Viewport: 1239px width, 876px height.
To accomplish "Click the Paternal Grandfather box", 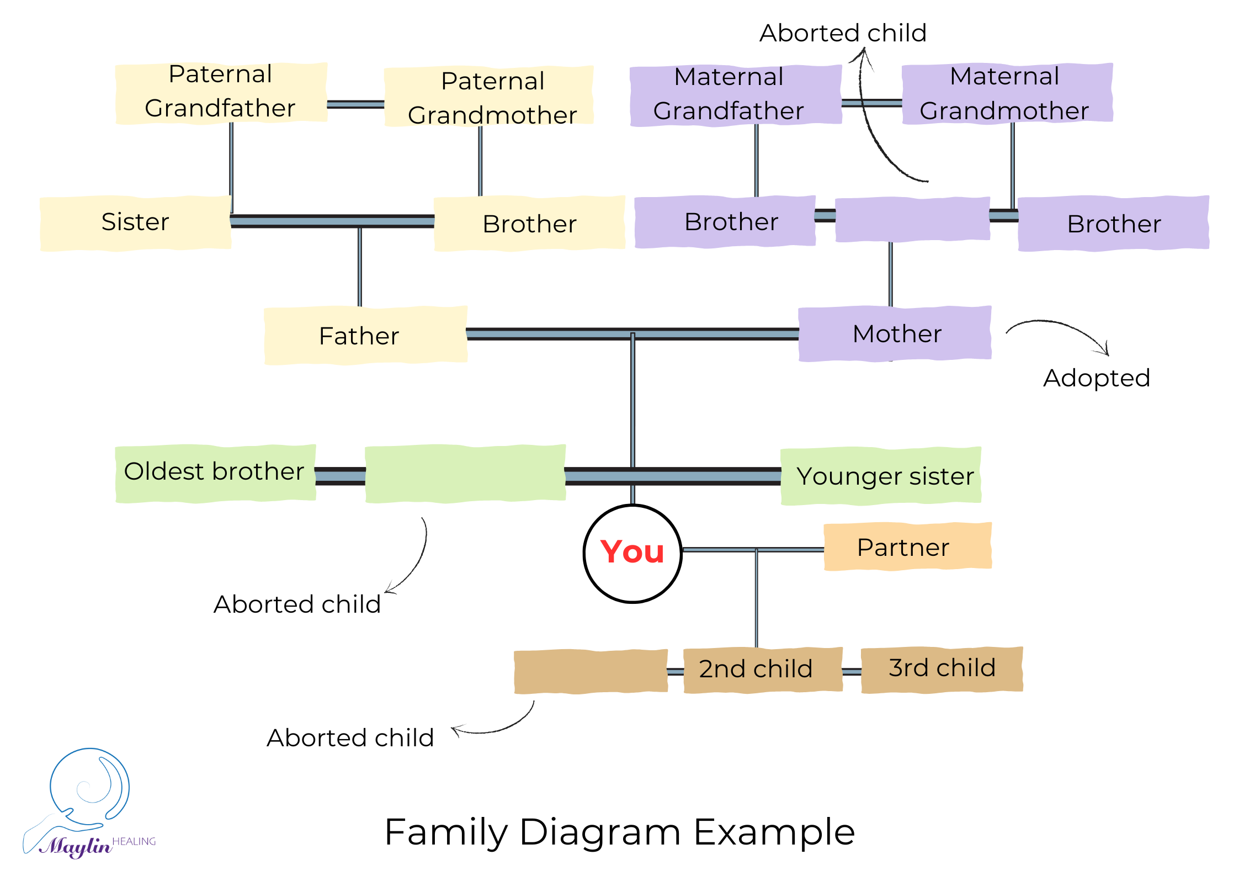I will [x=221, y=93].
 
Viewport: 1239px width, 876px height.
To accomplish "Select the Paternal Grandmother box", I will [x=489, y=97].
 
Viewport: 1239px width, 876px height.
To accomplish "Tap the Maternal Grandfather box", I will [x=736, y=95].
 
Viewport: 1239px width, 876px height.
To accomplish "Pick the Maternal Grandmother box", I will [x=1007, y=93].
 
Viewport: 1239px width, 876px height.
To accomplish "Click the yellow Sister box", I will [x=136, y=222].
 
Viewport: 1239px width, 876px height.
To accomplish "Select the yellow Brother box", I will [x=530, y=224].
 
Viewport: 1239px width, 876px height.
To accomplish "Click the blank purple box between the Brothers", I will [x=912, y=219].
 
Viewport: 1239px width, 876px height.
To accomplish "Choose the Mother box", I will [x=895, y=333].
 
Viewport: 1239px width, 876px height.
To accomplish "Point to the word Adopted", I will [x=1096, y=378].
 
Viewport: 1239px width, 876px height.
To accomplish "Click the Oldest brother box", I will [x=215, y=473].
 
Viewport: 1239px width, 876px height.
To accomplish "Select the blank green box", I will [x=465, y=473].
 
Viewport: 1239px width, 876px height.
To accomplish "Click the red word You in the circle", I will [x=632, y=552].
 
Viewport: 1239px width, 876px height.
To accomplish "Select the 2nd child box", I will [x=763, y=669].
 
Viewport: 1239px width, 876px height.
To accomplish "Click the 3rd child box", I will [x=942, y=668].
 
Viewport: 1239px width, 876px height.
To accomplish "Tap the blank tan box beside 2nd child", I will [x=591, y=671].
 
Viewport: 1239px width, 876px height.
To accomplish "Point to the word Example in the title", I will [x=774, y=832].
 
